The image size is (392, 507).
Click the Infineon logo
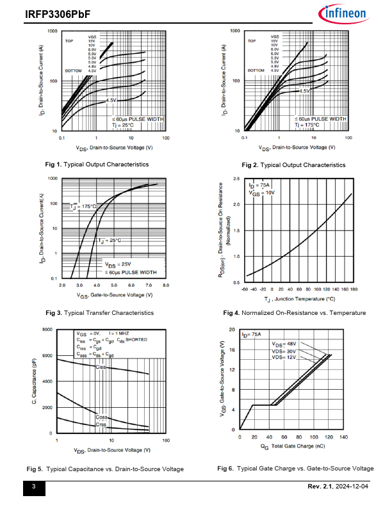click(342, 13)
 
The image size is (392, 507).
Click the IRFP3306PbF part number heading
click(51, 13)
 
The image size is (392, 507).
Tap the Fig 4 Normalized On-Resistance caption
click(295, 313)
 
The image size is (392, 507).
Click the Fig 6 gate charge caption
click(295, 469)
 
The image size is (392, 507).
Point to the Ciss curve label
click(101, 367)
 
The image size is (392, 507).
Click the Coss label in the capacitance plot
click(101, 417)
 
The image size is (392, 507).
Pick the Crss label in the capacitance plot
click(101, 424)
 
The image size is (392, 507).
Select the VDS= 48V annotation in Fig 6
click(283, 344)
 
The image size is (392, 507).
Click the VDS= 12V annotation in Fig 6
click(283, 358)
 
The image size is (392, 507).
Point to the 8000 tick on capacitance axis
click(47, 330)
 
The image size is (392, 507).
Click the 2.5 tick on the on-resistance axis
click(236, 179)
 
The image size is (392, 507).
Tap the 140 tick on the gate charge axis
click(343, 437)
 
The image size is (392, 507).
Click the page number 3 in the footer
click(34, 489)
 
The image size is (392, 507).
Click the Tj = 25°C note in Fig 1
click(125, 125)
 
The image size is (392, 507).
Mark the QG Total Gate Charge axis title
click(291, 446)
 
